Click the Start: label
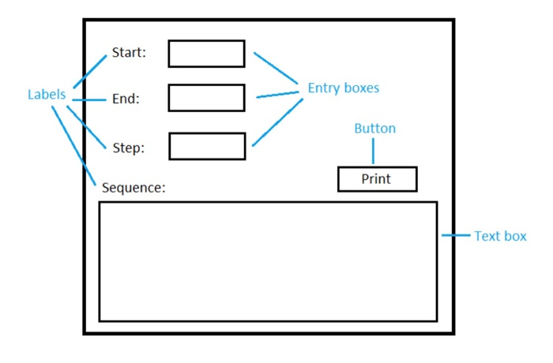(129, 53)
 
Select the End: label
(126, 99)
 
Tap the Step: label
(128, 147)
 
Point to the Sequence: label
(134, 188)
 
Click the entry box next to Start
(206, 54)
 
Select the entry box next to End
(206, 98)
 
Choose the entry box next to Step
(207, 146)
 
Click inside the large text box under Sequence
(268, 261)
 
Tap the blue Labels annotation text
(47, 95)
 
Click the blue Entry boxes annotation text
(343, 88)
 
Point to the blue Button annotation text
(374, 129)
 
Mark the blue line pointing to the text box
(455, 235)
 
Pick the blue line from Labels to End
(88, 99)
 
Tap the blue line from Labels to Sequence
(76, 145)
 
